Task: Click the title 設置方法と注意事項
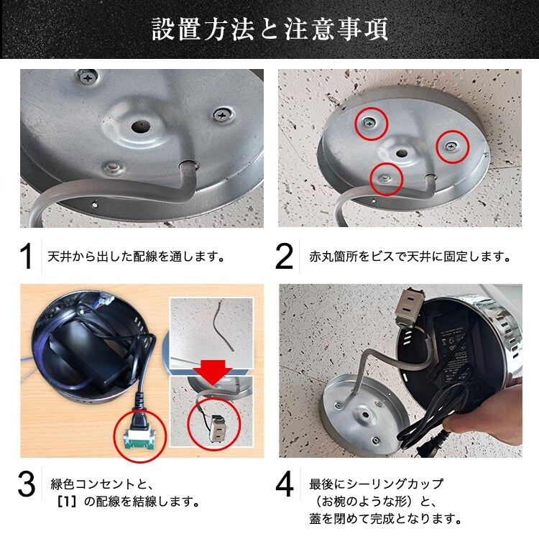[269, 31]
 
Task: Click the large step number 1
[27, 257]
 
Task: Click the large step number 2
[285, 257]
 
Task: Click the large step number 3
[27, 486]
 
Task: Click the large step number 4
[285, 486]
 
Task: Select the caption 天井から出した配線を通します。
[137, 257]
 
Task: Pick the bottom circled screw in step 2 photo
[386, 178]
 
